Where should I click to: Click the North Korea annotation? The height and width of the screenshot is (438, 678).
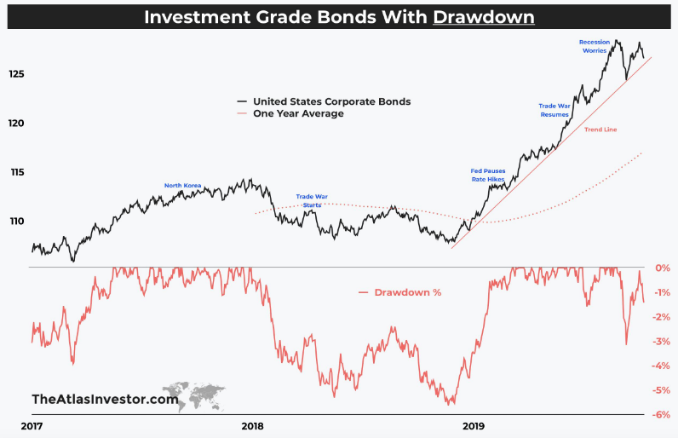point(183,185)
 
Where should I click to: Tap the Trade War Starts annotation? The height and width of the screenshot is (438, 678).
point(312,200)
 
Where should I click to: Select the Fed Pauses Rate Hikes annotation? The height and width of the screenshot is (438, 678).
point(488,176)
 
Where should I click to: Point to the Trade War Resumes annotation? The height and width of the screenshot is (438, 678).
point(554,109)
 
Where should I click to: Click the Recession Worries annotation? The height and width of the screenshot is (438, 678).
point(594,46)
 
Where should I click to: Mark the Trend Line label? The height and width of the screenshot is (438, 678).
point(600,130)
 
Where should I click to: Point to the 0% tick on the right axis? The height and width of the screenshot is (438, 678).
point(662,268)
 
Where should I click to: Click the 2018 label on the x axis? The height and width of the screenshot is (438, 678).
point(252,426)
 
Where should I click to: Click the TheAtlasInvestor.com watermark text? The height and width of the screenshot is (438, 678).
point(105,399)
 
